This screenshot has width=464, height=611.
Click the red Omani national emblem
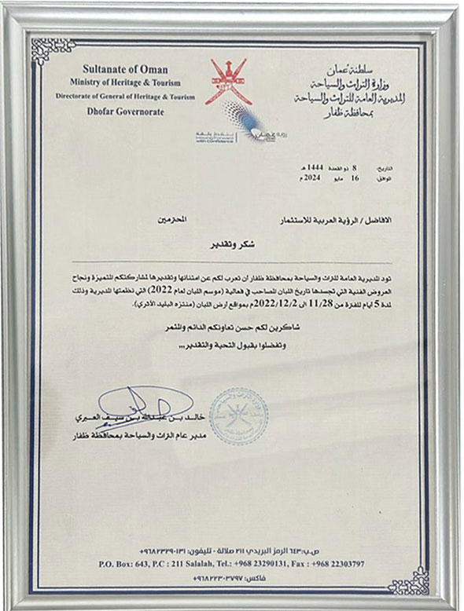[229, 83]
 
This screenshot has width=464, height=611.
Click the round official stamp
[238, 415]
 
